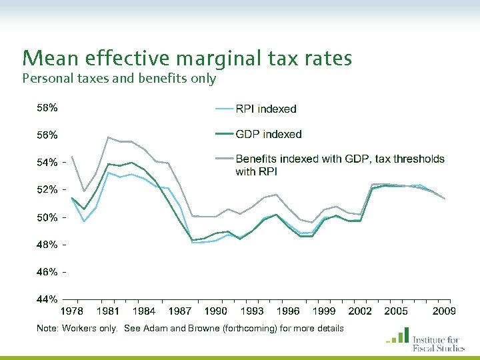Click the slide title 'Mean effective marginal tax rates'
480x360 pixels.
pyautogui.click(x=187, y=59)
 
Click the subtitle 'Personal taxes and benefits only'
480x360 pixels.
pyautogui.click(x=119, y=79)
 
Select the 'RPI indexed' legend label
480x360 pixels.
pyautogui.click(x=266, y=109)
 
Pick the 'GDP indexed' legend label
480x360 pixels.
pyautogui.click(x=269, y=134)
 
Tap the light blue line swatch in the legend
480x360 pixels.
pyautogui.click(x=223, y=109)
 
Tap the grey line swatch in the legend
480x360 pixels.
pyautogui.click(x=223, y=159)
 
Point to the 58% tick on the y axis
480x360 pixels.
pyautogui.click(x=47, y=107)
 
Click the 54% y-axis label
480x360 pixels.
pyautogui.click(x=47, y=163)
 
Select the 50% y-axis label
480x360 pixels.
pyautogui.click(x=47, y=218)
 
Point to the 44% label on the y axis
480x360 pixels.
pyautogui.click(x=47, y=300)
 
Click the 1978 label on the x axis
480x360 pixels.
pyautogui.click(x=73, y=311)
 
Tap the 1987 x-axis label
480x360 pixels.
pyautogui.click(x=180, y=311)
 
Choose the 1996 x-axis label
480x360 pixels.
pyautogui.click(x=288, y=311)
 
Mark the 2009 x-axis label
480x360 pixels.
pyautogui.click(x=444, y=311)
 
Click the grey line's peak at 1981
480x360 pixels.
pyautogui.click(x=108, y=137)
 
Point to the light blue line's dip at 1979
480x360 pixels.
pyautogui.click(x=84, y=221)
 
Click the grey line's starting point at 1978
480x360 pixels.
pyautogui.click(x=72, y=157)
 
